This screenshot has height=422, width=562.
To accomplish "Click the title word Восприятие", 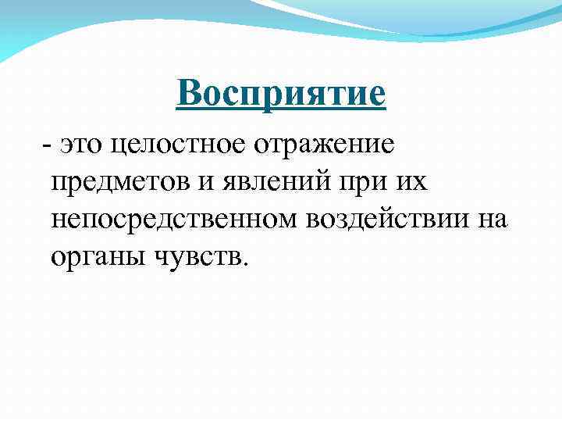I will point(281,95).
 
